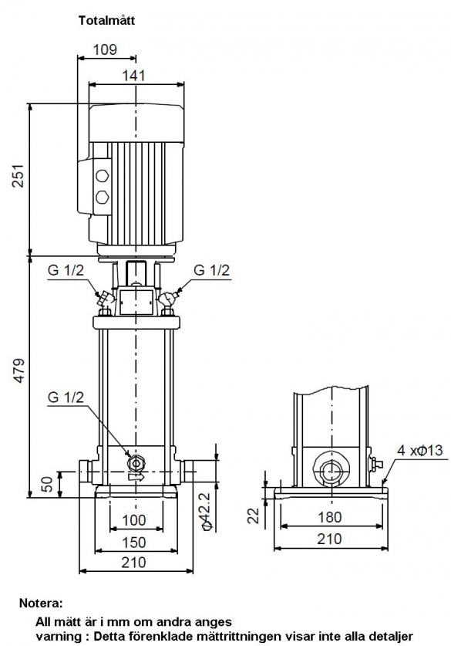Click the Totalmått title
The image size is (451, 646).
[106, 21]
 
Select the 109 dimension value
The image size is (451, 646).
[105, 49]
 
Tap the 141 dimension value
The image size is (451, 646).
[133, 76]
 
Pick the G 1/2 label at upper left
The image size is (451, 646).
[66, 270]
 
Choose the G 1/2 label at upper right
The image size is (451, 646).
[212, 270]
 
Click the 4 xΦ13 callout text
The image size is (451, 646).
[419, 450]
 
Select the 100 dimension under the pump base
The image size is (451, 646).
[134, 520]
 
